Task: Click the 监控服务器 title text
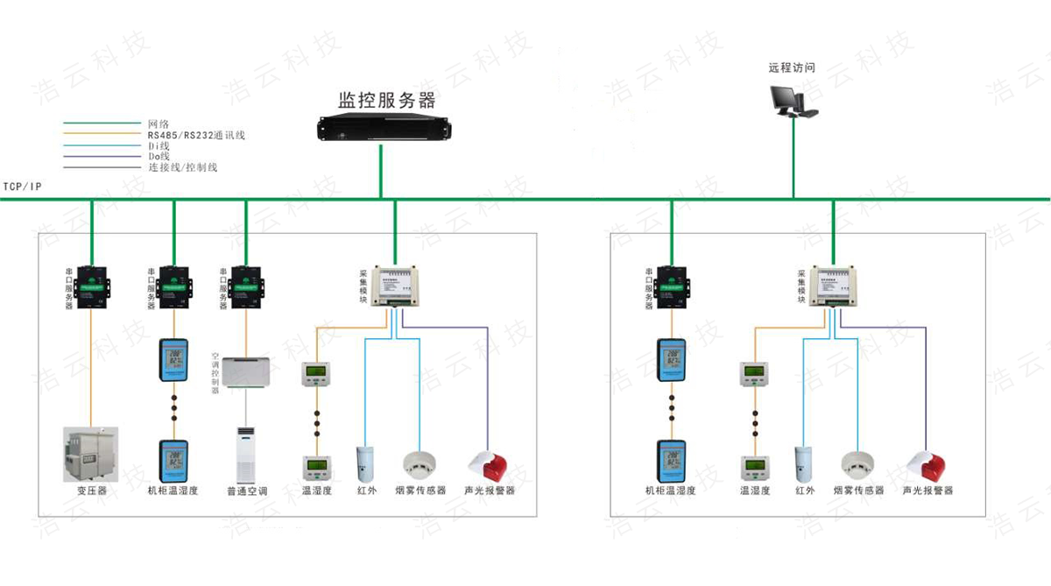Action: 386,99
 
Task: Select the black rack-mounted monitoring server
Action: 382,130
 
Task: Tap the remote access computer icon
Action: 792,102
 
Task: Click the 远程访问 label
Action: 792,67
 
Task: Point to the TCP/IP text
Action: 22,187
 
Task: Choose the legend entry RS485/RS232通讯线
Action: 196,135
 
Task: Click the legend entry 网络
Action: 159,124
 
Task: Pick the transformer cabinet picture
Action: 90,454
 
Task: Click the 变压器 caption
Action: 91,491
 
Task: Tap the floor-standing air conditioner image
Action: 245,453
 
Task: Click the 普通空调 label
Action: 246,491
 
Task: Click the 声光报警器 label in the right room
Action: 928,491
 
